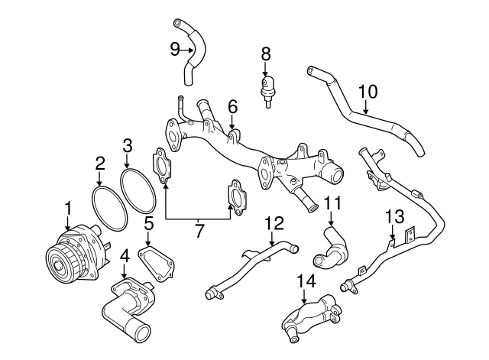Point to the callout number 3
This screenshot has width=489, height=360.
[128, 144]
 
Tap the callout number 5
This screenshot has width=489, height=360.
[150, 223]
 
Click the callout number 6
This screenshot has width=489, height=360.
[232, 106]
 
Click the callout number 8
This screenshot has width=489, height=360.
[266, 54]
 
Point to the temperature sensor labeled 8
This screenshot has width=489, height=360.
[267, 86]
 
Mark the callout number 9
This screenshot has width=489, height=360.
[175, 50]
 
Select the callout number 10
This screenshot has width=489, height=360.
[368, 92]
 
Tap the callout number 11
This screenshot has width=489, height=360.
[331, 203]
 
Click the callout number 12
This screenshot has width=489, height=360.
[274, 223]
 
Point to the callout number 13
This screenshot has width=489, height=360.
[392, 216]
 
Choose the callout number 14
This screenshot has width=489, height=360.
[305, 281]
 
